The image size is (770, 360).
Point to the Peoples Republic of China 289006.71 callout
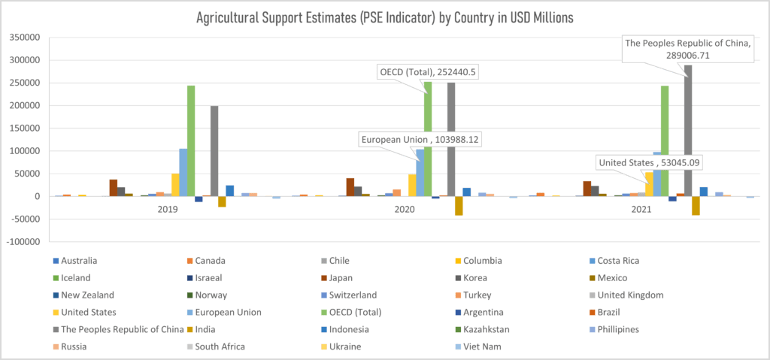[688, 49]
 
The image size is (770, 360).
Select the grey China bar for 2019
[214, 150]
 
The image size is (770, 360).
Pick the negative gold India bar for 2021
[696, 206]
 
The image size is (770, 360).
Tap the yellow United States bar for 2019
[175, 184]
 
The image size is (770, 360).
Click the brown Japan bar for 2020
[350, 186]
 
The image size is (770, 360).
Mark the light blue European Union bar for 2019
[183, 171]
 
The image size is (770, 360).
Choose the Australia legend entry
[76, 261]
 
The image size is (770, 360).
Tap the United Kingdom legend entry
[627, 295]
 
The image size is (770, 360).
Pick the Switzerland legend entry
[350, 295]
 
